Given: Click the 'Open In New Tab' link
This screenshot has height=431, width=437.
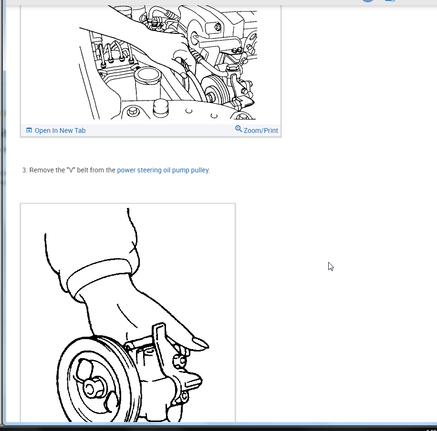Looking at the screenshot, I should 60,130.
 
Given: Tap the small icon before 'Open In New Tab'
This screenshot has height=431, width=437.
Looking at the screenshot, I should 29,130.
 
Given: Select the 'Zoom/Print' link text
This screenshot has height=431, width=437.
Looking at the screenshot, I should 260,130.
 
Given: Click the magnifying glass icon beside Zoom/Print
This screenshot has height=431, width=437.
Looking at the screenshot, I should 239,129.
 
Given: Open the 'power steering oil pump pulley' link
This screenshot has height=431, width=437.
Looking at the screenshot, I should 163,170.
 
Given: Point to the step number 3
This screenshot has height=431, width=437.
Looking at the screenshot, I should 24,170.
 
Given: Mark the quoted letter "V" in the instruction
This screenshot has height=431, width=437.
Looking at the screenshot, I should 70,170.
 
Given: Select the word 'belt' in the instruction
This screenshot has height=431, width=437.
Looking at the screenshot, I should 83,170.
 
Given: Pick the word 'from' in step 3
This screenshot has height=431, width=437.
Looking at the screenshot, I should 97,170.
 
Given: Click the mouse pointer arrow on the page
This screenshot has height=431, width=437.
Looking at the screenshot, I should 331,266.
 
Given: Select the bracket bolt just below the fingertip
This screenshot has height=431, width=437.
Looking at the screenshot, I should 180,361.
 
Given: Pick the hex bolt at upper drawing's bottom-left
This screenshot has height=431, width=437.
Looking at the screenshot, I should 133,112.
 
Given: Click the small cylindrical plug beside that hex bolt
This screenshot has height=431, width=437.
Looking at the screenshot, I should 160,108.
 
